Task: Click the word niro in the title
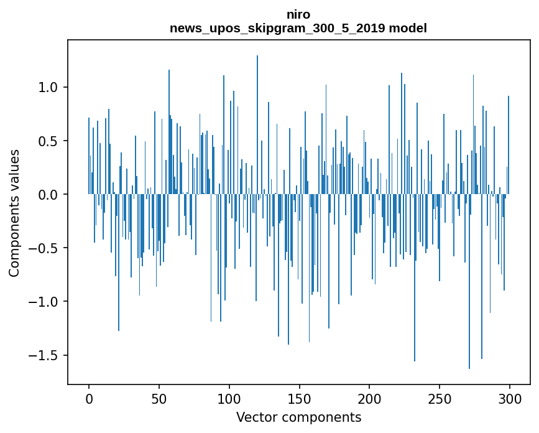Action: [x=298, y=14]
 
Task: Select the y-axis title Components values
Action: [x=14, y=213]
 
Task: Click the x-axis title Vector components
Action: [x=298, y=417]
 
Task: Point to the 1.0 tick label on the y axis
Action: [x=48, y=88]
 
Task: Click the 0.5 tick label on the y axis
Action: [x=48, y=141]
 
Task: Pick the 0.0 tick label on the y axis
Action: [x=48, y=195]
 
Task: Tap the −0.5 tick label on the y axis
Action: [x=45, y=248]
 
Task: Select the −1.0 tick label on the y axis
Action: [x=45, y=302]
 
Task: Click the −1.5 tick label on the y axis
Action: [x=45, y=355]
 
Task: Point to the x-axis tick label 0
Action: [x=89, y=398]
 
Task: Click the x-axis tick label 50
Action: [x=159, y=398]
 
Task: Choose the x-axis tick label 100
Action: [x=229, y=398]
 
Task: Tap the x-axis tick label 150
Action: [x=300, y=398]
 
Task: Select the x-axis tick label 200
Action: [x=370, y=398]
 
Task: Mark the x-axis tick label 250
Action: [x=440, y=398]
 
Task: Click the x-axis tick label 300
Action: [x=510, y=398]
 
